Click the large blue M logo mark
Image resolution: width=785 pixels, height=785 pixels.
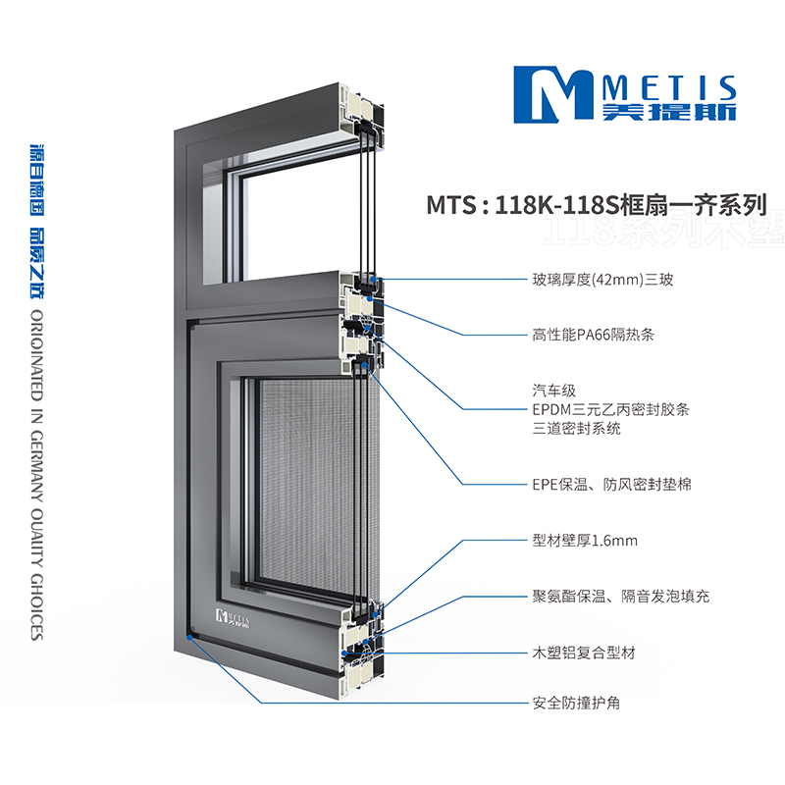tap(553, 94)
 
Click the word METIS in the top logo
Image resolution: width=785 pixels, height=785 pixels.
tap(669, 88)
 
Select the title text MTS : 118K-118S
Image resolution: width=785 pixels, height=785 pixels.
tap(523, 205)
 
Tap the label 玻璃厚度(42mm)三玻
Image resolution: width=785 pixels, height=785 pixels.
tap(602, 280)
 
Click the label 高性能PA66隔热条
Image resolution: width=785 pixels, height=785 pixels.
tap(594, 335)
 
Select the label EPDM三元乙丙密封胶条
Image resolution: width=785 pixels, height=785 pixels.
tap(610, 409)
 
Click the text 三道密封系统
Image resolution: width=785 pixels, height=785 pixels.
tap(576, 429)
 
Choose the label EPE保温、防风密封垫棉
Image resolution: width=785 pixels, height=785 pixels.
tap(611, 484)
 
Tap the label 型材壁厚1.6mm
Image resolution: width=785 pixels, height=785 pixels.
tap(585, 541)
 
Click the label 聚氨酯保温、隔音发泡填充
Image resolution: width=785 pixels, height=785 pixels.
tap(621, 597)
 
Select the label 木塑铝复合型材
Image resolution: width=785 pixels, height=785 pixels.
tap(584, 653)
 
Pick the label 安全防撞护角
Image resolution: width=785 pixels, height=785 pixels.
tap(576, 703)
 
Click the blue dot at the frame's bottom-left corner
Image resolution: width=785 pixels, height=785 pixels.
tap(189, 637)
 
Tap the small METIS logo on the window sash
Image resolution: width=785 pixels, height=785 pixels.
tap(233, 618)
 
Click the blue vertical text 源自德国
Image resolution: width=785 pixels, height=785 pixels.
tap(37, 181)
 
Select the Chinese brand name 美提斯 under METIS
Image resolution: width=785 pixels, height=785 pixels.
tap(669, 112)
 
